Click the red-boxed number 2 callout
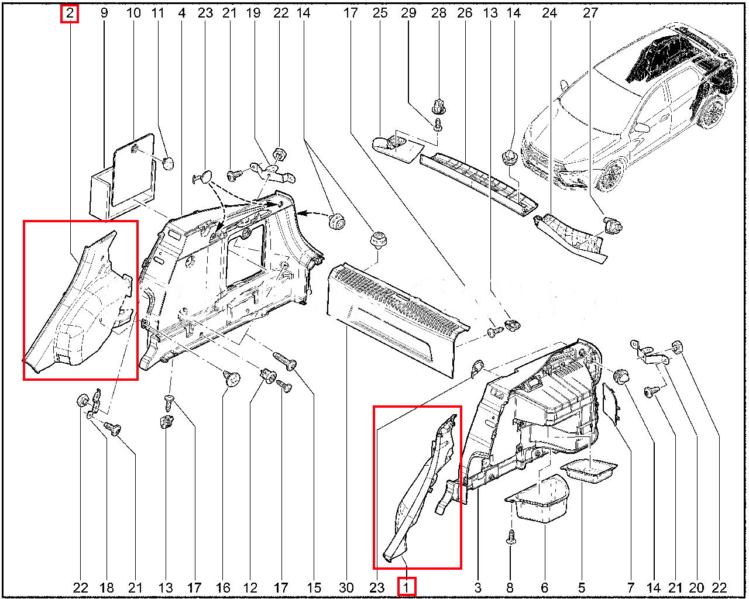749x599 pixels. click(x=70, y=14)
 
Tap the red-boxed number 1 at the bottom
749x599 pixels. click(x=406, y=588)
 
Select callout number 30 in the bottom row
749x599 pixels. click(x=346, y=588)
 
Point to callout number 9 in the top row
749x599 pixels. click(x=104, y=13)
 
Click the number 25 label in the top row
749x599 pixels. click(x=380, y=13)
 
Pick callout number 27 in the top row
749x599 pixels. click(x=590, y=13)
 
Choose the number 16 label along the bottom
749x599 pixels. click(x=223, y=588)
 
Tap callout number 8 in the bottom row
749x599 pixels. click(x=510, y=588)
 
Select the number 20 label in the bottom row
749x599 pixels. click(x=697, y=588)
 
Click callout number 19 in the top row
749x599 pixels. click(x=253, y=13)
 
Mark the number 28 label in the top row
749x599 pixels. click(x=439, y=13)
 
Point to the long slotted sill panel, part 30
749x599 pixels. click(x=397, y=318)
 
